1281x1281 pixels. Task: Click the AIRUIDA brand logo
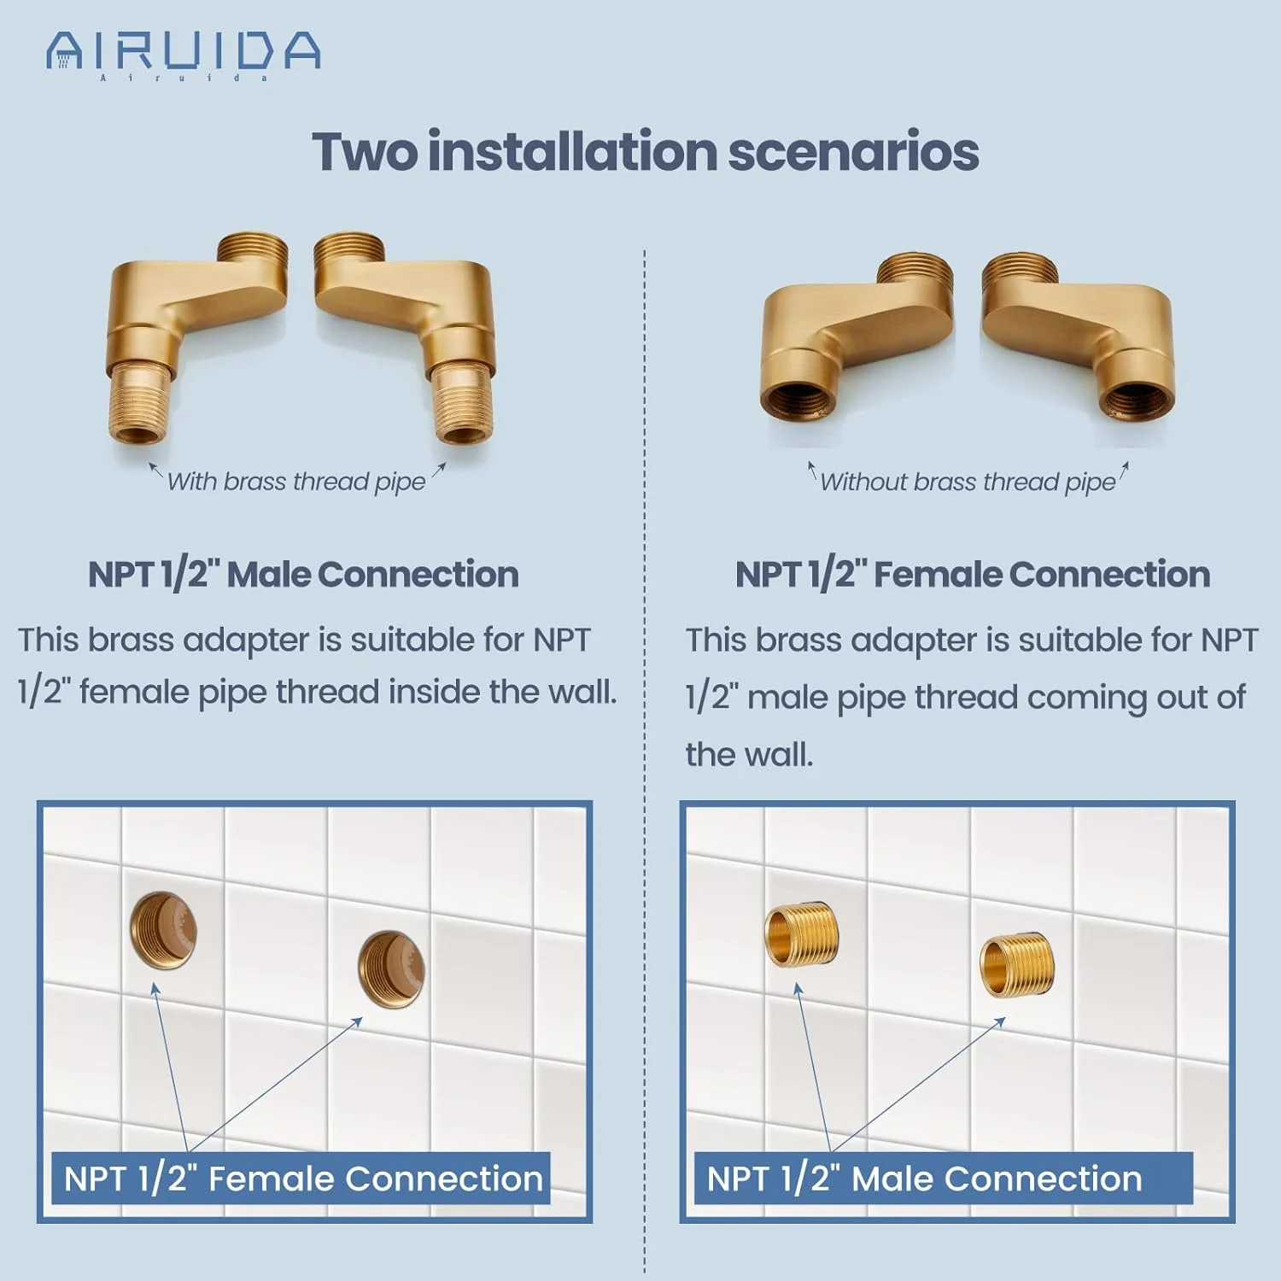point(184,55)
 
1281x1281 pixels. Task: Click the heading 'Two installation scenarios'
point(646,152)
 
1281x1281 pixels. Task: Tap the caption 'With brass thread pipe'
point(296,483)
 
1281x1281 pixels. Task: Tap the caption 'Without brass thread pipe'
point(968,483)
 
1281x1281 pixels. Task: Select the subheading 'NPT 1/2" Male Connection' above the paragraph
point(303,574)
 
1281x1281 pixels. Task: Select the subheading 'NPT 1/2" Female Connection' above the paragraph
point(973,574)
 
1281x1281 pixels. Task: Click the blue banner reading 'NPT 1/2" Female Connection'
point(301,1179)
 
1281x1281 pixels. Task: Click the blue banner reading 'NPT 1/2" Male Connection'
point(943,1179)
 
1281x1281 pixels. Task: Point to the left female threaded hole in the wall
point(162,930)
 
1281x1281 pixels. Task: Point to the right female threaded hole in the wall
point(390,969)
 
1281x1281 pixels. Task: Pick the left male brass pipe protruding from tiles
point(800,934)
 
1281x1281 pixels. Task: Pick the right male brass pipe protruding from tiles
point(1016,965)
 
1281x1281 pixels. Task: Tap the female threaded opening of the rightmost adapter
point(1136,400)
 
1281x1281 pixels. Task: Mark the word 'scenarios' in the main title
point(853,152)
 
